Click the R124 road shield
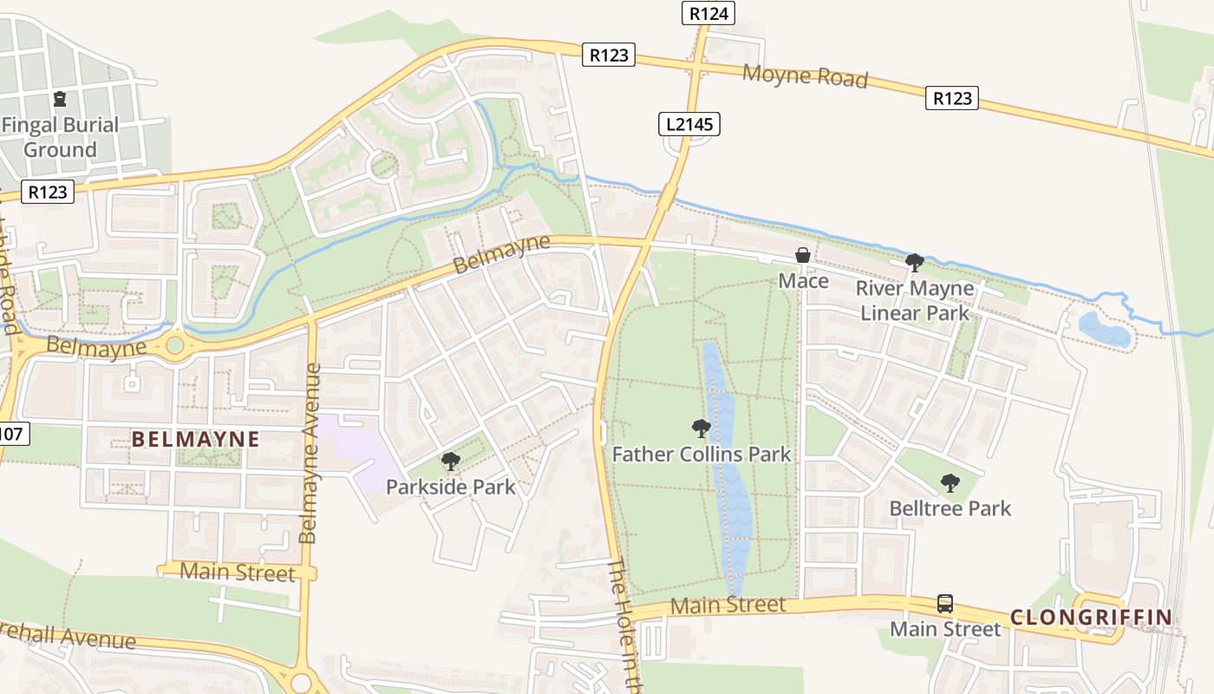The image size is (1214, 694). tap(708, 13)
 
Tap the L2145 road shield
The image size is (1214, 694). tap(689, 124)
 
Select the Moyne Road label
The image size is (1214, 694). tap(805, 75)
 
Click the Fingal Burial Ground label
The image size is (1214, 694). tap(60, 137)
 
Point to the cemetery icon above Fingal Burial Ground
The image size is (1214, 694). tap(60, 99)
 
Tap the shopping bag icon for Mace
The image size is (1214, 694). tap(803, 255)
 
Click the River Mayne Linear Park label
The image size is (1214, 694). tap(915, 300)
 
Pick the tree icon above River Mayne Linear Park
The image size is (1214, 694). tap(914, 262)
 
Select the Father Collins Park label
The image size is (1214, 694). tap(702, 454)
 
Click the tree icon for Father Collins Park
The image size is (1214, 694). tap(702, 428)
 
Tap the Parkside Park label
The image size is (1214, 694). tap(450, 487)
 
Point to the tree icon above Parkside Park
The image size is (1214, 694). tap(450, 461)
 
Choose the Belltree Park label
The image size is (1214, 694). tap(950, 507)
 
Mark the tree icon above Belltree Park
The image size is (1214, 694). tap(950, 482)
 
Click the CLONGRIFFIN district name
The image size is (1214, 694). tap(1091, 618)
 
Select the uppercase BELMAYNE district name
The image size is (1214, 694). tap(195, 439)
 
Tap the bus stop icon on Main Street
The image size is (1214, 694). tap(945, 603)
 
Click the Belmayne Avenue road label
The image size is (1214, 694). tap(310, 453)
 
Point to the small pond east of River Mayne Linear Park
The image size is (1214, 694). tap(1104, 330)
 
